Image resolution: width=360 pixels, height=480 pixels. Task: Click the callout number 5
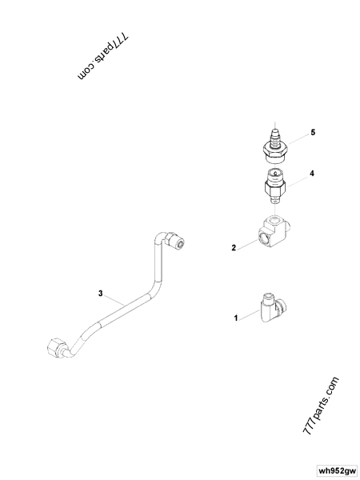[313, 133]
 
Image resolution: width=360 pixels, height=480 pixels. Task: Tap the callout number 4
[312, 174]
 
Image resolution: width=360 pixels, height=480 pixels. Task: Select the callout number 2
[234, 248]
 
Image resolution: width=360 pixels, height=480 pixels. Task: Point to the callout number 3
[101, 294]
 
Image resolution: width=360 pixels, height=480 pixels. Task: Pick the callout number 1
[236, 318]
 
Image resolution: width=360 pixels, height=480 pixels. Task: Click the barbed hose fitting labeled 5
[275, 146]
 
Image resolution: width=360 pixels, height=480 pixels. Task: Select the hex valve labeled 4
[275, 186]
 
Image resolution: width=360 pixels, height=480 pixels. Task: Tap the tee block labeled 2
[274, 231]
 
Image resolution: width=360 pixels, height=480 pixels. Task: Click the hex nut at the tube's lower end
[56, 348]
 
